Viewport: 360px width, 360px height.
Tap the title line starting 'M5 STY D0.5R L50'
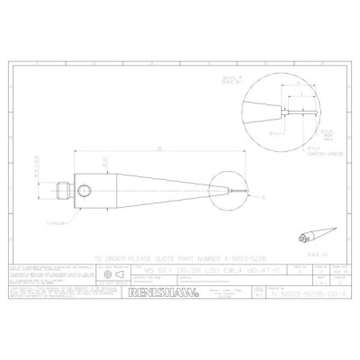pos(194,267)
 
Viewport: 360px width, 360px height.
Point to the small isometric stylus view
pos(311,236)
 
